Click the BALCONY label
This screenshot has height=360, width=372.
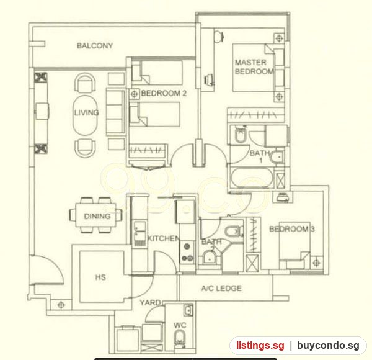95,45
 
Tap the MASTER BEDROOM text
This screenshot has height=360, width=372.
254,67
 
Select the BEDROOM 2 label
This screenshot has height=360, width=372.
164,93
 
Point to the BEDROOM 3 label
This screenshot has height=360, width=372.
292,229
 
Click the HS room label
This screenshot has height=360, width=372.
100,277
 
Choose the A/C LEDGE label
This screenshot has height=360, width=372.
221,288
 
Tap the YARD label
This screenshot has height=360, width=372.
150,302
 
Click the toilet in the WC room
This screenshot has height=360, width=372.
180,340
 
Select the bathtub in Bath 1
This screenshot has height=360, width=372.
252,178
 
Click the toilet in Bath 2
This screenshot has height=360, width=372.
234,231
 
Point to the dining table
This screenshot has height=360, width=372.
96,215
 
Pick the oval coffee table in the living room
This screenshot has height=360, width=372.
85,115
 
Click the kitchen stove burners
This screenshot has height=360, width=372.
187,252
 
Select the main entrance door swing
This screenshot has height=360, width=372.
48,269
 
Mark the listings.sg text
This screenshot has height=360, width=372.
260,346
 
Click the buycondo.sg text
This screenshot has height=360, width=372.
329,346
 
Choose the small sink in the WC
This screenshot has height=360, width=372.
188,310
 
